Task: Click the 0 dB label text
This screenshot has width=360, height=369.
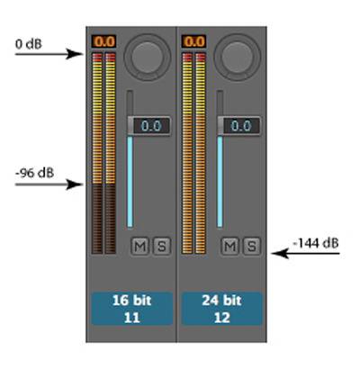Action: [x=29, y=44]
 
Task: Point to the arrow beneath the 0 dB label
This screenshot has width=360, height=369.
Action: [x=49, y=54]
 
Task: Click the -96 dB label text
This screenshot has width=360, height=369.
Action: [x=34, y=173]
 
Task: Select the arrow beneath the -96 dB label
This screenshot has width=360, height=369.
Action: [x=49, y=184]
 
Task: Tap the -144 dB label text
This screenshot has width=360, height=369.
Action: [x=316, y=243]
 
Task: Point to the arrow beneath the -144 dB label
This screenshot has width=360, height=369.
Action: [x=305, y=254]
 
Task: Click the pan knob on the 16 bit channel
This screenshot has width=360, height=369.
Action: [x=147, y=57]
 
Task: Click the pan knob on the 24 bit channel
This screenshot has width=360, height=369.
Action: [x=237, y=57]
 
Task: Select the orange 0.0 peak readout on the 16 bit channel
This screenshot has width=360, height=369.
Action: [x=103, y=41]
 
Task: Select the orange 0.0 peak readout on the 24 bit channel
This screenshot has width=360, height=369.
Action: [x=193, y=41]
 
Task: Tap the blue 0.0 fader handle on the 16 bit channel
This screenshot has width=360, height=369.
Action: [x=149, y=126]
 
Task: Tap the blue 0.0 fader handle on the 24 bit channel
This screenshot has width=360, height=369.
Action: [x=239, y=126]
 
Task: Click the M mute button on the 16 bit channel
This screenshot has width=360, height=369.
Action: [x=140, y=247]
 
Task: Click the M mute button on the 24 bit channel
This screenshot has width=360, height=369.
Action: [x=230, y=247]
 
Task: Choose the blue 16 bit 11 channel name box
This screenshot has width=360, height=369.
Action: [x=132, y=309]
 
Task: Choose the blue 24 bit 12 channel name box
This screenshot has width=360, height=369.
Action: [x=222, y=309]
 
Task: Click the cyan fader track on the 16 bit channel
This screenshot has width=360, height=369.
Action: [x=130, y=182]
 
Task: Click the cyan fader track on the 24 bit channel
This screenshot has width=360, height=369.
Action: [x=220, y=182]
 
